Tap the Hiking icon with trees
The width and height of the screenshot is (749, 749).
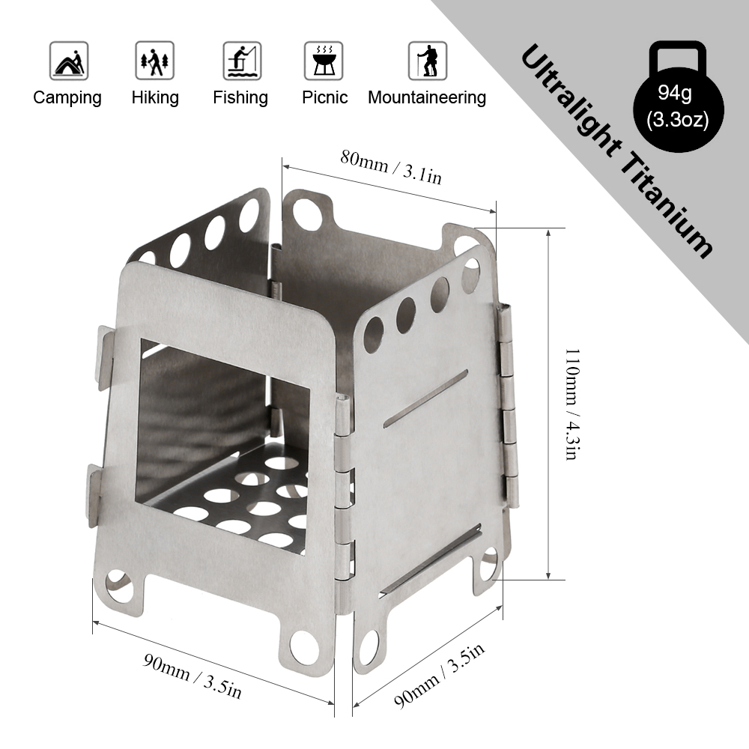[x=155, y=61]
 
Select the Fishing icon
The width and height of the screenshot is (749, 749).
[x=241, y=61]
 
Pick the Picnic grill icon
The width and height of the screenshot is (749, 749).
[x=324, y=61]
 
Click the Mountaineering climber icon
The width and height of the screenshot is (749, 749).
[x=427, y=61]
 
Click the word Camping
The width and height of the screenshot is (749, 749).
[x=67, y=97]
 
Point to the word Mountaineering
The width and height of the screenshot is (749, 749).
[x=427, y=97]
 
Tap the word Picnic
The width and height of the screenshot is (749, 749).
[x=325, y=97]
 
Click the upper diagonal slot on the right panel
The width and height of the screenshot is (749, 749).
[x=425, y=399]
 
